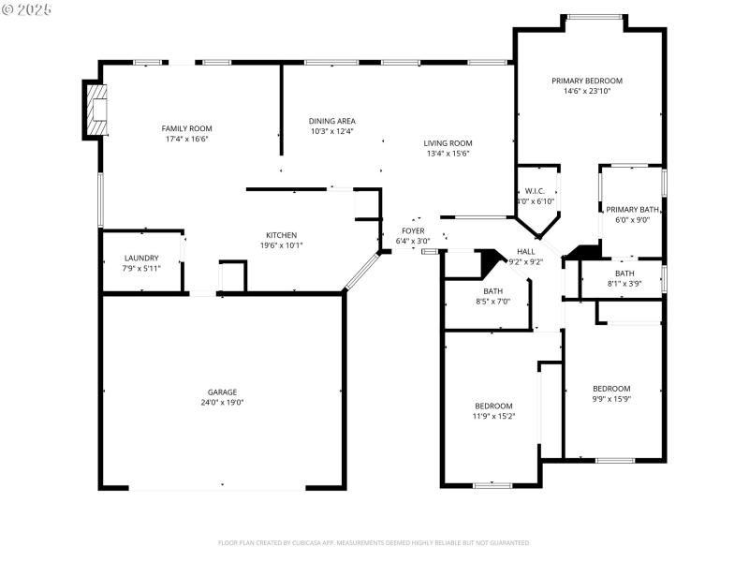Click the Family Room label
[186, 128]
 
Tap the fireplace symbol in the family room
[95, 109]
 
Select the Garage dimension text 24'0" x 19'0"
[222, 403]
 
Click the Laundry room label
[141, 258]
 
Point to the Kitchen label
[281, 235]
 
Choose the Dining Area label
[331, 121]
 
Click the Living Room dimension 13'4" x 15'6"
[448, 154]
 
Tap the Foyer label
[413, 230]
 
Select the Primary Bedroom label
[586, 81]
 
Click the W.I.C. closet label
[536, 191]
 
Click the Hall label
[526, 252]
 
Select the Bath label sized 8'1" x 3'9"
[624, 274]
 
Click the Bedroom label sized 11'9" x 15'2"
[493, 406]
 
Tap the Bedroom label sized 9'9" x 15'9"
[610, 389]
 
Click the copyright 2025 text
[27, 8]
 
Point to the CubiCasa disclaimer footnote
[374, 542]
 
